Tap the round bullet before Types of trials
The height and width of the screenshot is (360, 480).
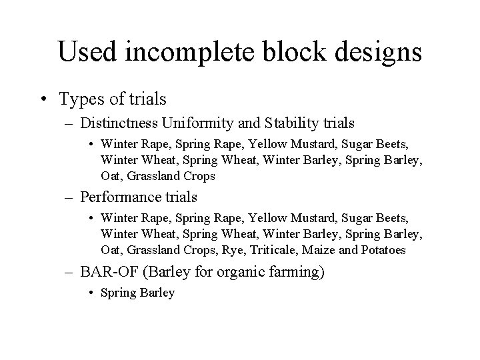pyautogui.click(x=44, y=100)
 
